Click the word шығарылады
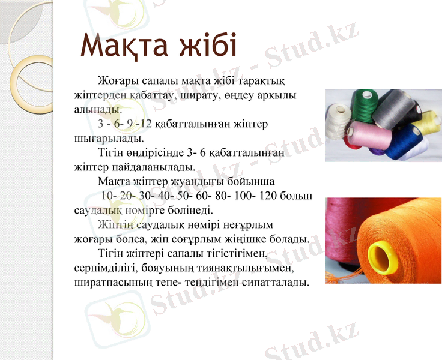[107, 137]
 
